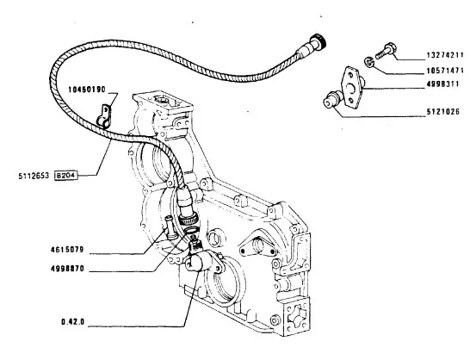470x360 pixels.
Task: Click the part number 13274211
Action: pyautogui.click(x=445, y=55)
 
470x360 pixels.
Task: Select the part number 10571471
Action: pyautogui.click(x=445, y=71)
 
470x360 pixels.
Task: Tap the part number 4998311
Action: pyautogui.click(x=442, y=84)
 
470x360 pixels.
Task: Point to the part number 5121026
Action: pyautogui.click(x=443, y=112)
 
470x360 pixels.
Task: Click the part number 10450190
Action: pyautogui.click(x=87, y=90)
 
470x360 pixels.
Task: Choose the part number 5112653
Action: pyautogui.click(x=34, y=176)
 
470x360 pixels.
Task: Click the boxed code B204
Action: pyautogui.click(x=66, y=176)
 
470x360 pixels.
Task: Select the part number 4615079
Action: pyautogui.click(x=67, y=250)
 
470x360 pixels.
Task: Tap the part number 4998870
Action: pyautogui.click(x=67, y=269)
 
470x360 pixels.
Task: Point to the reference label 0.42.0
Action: pyautogui.click(x=73, y=322)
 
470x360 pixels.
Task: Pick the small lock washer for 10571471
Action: pyautogui.click(x=368, y=62)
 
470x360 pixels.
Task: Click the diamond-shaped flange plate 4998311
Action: pyautogui.click(x=352, y=87)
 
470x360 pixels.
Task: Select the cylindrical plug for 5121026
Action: pyautogui.click(x=331, y=100)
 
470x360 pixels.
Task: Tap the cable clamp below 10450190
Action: pyautogui.click(x=103, y=117)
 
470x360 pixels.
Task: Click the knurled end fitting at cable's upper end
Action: pyautogui.click(x=318, y=42)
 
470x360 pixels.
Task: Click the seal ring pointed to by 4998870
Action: pyautogui.click(x=191, y=231)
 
